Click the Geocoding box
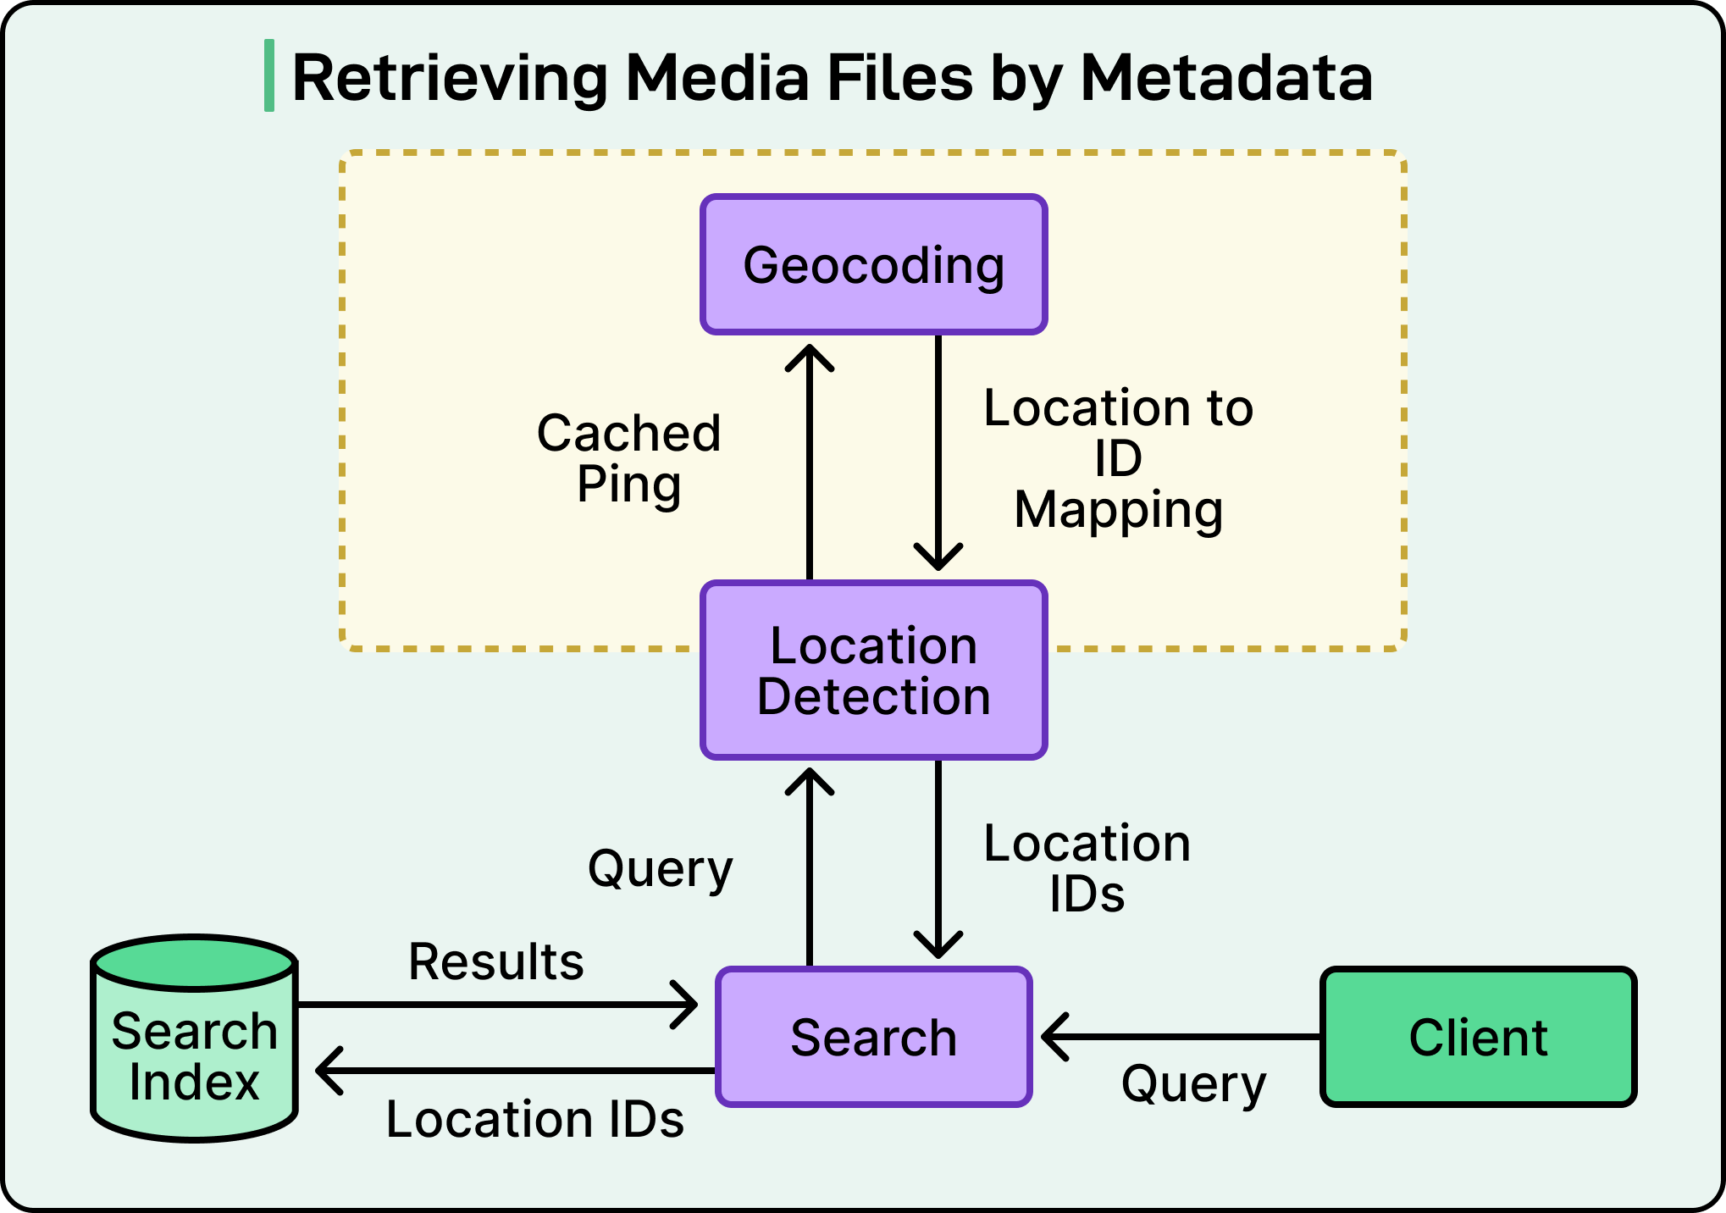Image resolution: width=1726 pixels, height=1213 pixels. point(874,265)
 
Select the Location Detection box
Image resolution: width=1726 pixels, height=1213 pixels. point(874,670)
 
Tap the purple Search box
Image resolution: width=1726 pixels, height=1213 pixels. point(874,1037)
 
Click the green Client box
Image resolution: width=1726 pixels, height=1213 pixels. point(1478,1037)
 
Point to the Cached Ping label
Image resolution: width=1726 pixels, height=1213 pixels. point(628,458)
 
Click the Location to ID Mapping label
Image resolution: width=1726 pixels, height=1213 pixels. point(1118,458)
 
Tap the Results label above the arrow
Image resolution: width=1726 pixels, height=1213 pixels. point(496,961)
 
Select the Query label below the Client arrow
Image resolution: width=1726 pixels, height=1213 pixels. point(1193,1083)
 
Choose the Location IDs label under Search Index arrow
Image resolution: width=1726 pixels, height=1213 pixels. point(534,1119)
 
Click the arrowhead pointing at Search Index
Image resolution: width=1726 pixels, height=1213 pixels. point(327,1071)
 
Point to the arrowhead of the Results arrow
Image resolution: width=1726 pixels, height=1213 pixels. point(687,1005)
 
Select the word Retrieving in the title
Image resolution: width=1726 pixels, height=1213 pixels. point(450,77)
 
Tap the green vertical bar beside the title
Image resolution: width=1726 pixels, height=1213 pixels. point(269,75)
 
